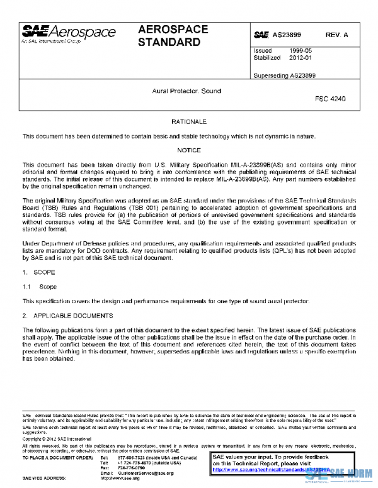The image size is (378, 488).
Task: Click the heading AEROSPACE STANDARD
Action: (169, 36)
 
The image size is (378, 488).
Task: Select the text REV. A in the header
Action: (337, 35)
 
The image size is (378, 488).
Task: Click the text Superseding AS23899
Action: (284, 75)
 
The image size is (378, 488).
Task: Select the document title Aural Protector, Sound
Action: (186, 91)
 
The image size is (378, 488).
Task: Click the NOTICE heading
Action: (188, 150)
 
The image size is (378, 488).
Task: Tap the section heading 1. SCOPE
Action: (40, 274)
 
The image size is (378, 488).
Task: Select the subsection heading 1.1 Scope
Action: (40, 287)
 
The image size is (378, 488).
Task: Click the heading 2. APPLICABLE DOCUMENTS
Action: (67, 315)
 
